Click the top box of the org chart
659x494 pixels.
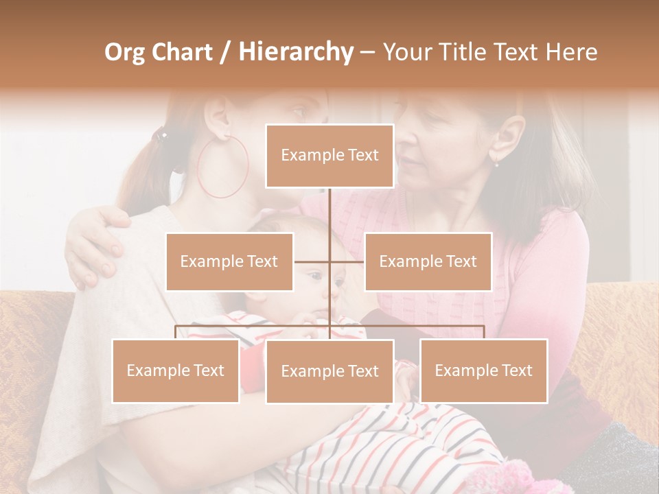(x=329, y=156)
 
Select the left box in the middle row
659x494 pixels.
(x=229, y=261)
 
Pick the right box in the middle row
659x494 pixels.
(x=428, y=261)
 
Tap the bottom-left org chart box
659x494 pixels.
(x=176, y=370)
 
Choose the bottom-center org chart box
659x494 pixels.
(x=329, y=371)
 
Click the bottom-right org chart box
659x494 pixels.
(x=483, y=370)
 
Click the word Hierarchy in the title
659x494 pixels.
(x=295, y=52)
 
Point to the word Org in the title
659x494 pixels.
(x=126, y=52)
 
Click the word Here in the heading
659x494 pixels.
(x=571, y=52)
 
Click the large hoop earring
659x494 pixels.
(x=222, y=167)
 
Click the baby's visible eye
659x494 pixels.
(x=314, y=277)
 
